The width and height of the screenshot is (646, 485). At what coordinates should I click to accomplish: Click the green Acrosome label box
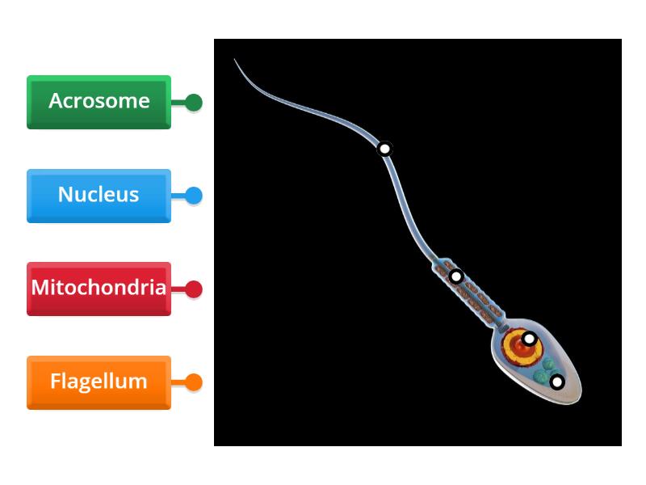tap(99, 102)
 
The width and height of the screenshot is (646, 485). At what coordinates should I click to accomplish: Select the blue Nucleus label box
tap(99, 196)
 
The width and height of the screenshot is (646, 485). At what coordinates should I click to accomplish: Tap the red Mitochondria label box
tap(99, 289)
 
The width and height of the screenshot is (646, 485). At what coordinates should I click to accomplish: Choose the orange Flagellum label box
tap(99, 382)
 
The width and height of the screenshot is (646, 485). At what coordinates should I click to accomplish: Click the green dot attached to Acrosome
tap(194, 103)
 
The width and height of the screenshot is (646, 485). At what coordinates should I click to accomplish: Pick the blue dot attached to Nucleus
tap(194, 196)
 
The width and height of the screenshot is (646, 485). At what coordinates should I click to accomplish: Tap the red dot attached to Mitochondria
tap(194, 289)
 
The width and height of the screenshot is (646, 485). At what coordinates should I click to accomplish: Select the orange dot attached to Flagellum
tap(194, 382)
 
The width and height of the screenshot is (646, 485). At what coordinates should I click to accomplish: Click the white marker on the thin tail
tap(385, 149)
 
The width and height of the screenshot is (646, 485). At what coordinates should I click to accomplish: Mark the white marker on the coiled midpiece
tap(456, 276)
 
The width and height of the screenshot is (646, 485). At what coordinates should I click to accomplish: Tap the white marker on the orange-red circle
tap(529, 339)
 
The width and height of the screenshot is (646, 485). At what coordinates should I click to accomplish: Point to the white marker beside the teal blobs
tap(557, 382)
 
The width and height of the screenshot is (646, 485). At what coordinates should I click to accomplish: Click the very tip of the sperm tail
tap(235, 59)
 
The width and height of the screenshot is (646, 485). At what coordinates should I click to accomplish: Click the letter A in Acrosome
tap(56, 101)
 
